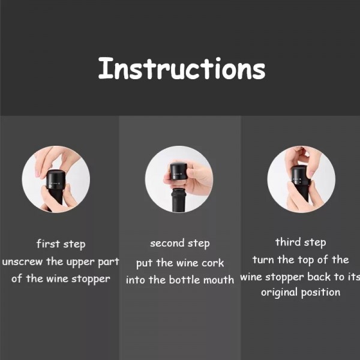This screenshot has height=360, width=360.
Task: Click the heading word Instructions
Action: click(x=182, y=68)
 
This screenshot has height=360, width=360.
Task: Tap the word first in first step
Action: click(x=48, y=244)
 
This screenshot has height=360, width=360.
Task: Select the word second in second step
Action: click(x=167, y=243)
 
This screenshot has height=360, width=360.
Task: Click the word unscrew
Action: click(x=22, y=262)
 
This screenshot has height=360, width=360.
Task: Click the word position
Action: click(x=320, y=293)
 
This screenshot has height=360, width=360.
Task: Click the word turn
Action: click(x=263, y=260)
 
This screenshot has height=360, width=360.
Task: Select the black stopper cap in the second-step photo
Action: click(x=178, y=172)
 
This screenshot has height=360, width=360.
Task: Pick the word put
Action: click(x=145, y=263)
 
